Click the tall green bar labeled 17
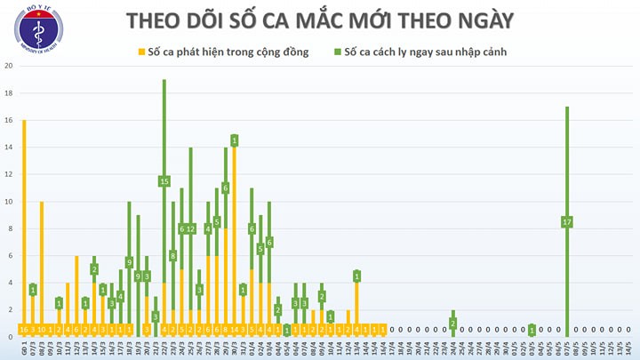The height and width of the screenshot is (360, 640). pos(567,178)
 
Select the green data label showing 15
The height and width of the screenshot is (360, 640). pos(164,181)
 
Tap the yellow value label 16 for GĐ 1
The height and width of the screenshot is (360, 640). pos(23,329)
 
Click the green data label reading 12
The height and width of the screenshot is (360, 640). pos(190,228)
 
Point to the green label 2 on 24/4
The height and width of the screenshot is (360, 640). pos(452,323)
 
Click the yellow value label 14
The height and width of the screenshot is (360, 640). pos(234,329)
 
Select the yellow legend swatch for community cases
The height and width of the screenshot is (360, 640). pos(140,52)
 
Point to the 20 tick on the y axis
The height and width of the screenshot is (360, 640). pos(8,66)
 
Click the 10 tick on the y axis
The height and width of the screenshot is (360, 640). pos(8,202)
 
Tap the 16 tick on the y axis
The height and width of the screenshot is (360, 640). pos(8,120)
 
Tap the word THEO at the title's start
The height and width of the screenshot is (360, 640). pos(157,20)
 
